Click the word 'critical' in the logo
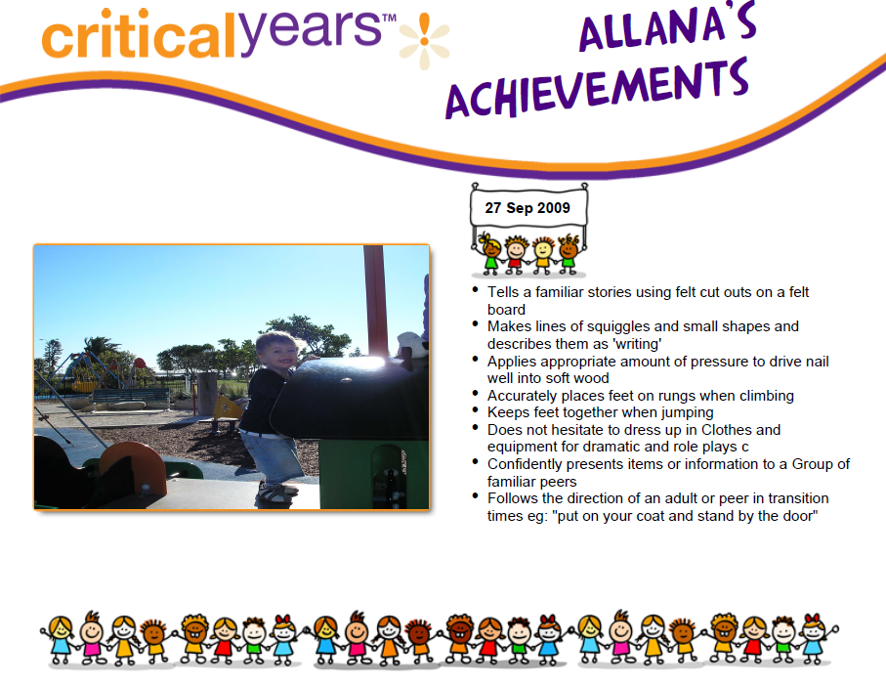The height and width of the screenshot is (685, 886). click(x=139, y=34)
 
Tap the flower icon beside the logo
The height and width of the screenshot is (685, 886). click(x=424, y=41)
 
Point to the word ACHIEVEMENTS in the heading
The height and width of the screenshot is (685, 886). click(x=597, y=89)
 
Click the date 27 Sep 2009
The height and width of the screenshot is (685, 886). click(x=527, y=208)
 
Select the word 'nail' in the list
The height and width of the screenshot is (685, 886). click(x=817, y=362)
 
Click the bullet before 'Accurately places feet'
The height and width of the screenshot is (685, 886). click(x=475, y=394)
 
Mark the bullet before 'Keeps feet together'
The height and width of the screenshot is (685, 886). click(x=475, y=410)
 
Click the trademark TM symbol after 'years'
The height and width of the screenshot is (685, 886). click(x=390, y=18)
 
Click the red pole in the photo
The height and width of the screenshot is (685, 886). click(x=376, y=301)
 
